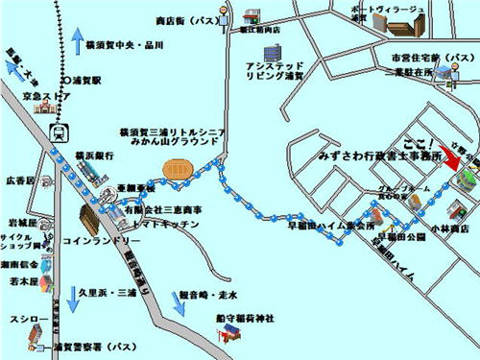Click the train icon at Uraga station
(60, 132)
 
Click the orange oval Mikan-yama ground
(179, 169)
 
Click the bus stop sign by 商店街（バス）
(222, 13)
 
